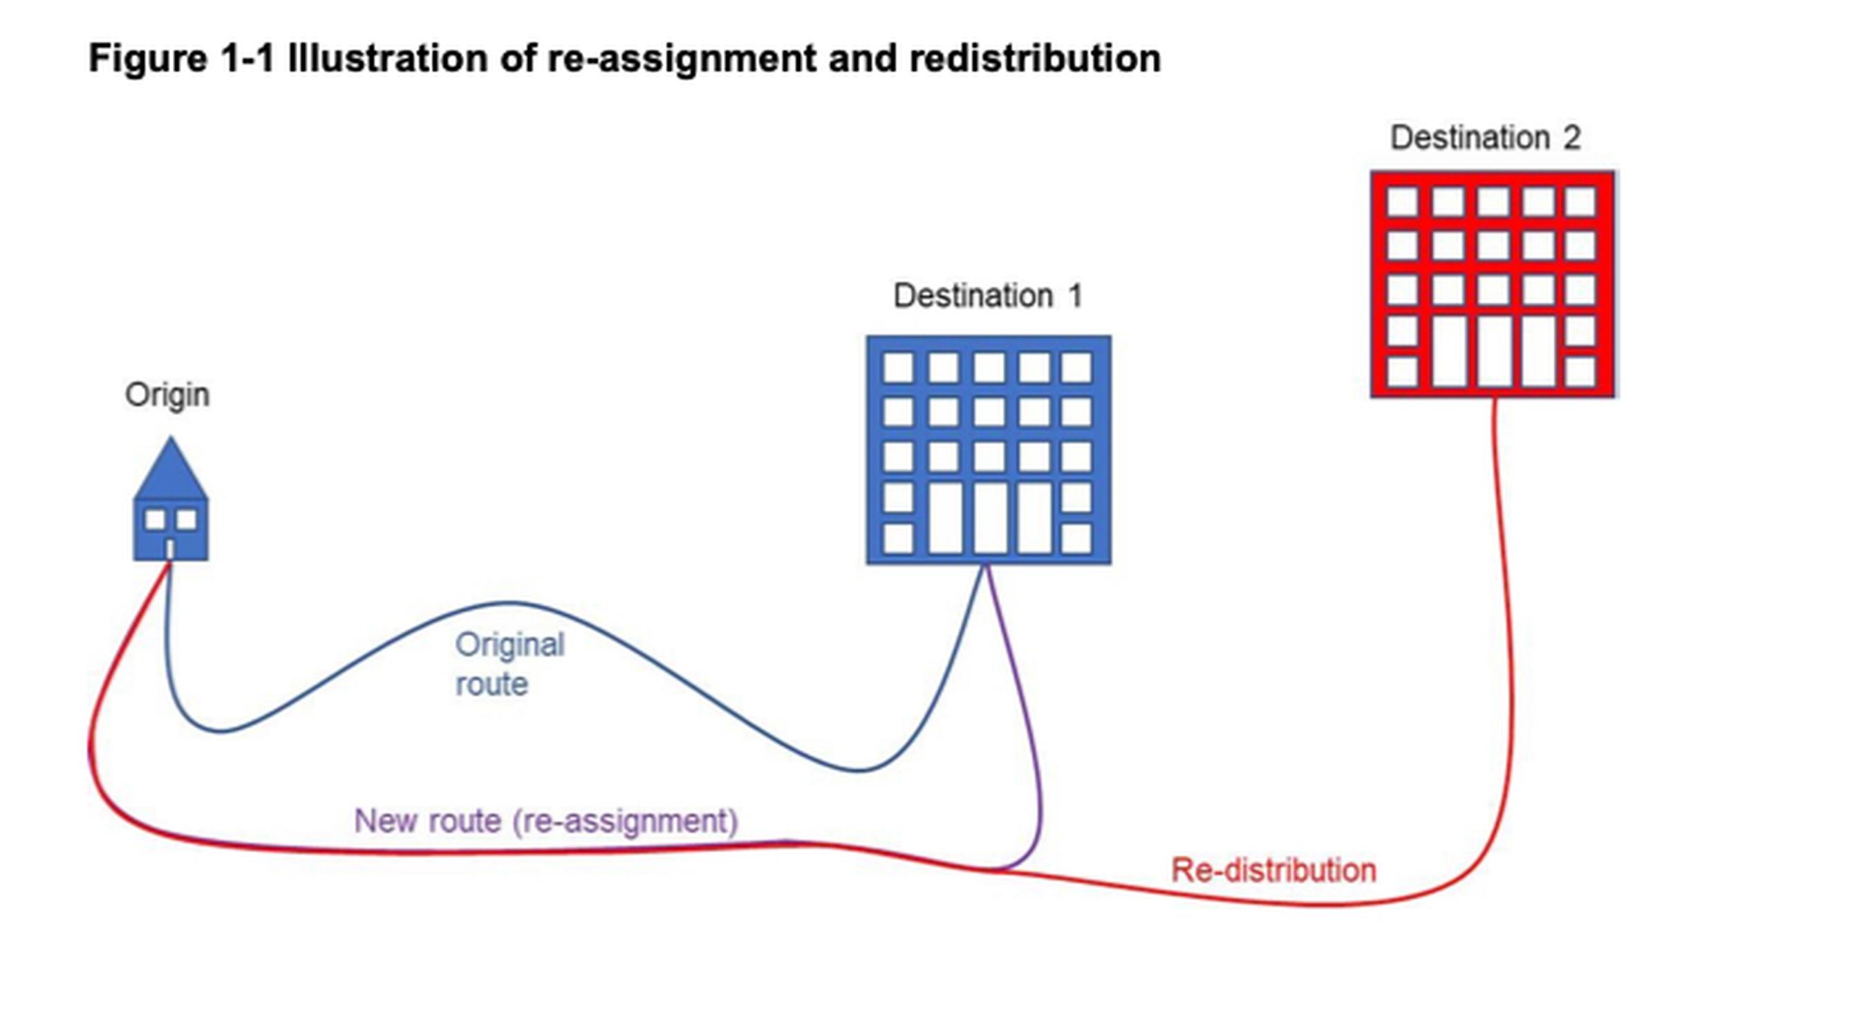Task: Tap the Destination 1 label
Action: [x=988, y=295]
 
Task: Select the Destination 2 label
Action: [x=1485, y=137]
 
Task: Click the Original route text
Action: [x=509, y=664]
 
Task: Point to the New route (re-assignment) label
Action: [x=546, y=821]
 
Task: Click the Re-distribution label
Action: [x=1274, y=870]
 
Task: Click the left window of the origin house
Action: [x=156, y=520]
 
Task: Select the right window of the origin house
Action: [x=187, y=520]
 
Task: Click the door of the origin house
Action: [x=170, y=550]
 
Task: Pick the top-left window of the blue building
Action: [x=898, y=367]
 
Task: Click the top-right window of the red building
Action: [x=1580, y=202]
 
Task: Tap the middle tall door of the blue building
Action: [x=990, y=517]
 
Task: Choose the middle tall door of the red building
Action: [x=1494, y=351]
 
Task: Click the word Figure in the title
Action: [x=147, y=59]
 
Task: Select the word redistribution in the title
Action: [x=1035, y=58]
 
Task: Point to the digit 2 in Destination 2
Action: [x=1572, y=138]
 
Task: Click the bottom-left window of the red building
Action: [x=1403, y=371]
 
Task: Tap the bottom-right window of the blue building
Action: [x=1076, y=538]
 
